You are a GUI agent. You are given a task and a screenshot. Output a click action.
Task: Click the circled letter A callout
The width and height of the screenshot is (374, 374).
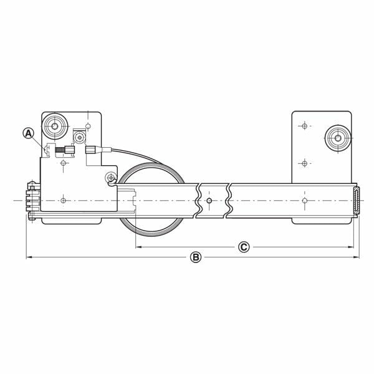pyautogui.click(x=27, y=133)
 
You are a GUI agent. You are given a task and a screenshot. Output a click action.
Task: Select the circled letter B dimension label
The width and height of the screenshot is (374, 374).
pyautogui.click(x=195, y=257)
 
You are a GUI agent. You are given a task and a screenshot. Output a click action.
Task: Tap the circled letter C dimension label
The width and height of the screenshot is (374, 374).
pyautogui.click(x=244, y=247)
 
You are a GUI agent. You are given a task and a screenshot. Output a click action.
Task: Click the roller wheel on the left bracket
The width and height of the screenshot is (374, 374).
pyautogui.click(x=54, y=127)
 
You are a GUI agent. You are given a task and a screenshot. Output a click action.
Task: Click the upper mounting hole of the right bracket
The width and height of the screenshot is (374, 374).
pyautogui.click(x=304, y=126)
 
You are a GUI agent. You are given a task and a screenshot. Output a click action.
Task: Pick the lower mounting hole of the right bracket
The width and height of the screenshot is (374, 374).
pyautogui.click(x=304, y=163)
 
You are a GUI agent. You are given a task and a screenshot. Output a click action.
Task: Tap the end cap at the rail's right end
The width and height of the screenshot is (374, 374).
pyautogui.click(x=357, y=201)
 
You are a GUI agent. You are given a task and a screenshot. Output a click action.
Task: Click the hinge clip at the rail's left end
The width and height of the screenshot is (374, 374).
pyautogui.click(x=32, y=201)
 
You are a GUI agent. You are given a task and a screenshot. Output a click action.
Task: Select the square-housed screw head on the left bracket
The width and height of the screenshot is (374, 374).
pyautogui.click(x=80, y=137)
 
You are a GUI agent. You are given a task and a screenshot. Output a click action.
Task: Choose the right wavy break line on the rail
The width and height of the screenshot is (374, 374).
pyautogui.click(x=229, y=201)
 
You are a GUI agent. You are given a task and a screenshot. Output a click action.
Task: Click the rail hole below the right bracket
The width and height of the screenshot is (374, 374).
pyautogui.click(x=304, y=201)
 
